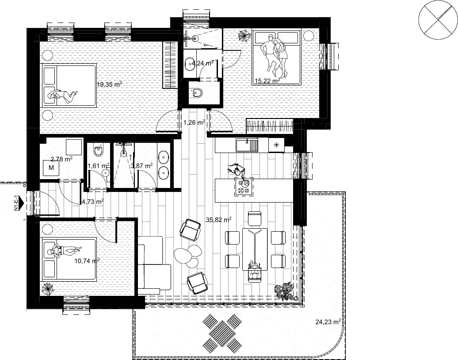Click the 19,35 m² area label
(x=109, y=84)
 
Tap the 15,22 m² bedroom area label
(x=267, y=80)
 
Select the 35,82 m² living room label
(x=219, y=220)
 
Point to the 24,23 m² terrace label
(x=328, y=322)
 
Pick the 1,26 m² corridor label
(x=194, y=123)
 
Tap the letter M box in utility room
(x=51, y=168)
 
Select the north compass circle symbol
(x=438, y=20)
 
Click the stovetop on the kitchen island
(x=244, y=187)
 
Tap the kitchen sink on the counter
(x=247, y=145)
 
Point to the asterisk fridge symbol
(x=276, y=145)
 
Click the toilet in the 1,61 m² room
(x=98, y=150)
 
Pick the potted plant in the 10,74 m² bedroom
(x=47, y=289)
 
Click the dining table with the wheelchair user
(x=255, y=249)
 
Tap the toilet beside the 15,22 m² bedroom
(x=197, y=92)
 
